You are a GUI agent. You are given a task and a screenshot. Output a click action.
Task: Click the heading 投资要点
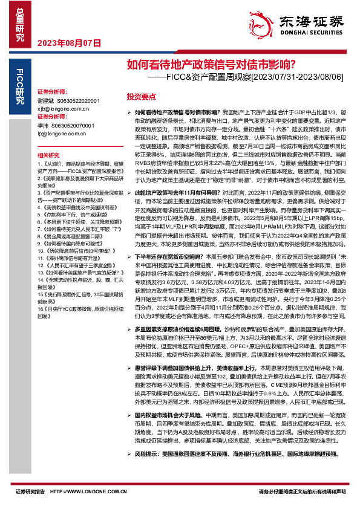(141, 97)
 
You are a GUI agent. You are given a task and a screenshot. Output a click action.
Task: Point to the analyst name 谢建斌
(46, 100)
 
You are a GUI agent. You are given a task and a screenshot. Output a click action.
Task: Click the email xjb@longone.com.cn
(64, 108)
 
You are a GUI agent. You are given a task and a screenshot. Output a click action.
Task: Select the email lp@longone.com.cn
(62, 132)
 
